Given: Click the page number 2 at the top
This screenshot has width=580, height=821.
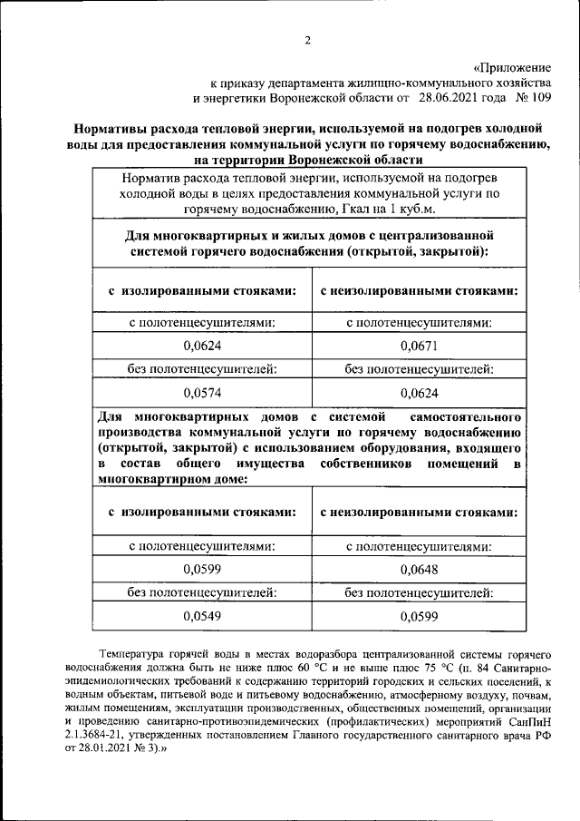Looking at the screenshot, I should [307, 40].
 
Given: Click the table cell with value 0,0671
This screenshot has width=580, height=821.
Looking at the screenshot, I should [419, 346].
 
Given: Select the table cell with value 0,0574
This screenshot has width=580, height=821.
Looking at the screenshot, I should [202, 393].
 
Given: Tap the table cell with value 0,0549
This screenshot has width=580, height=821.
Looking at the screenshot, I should [202, 616].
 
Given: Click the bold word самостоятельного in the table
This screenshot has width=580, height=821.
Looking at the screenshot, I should [466, 416].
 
